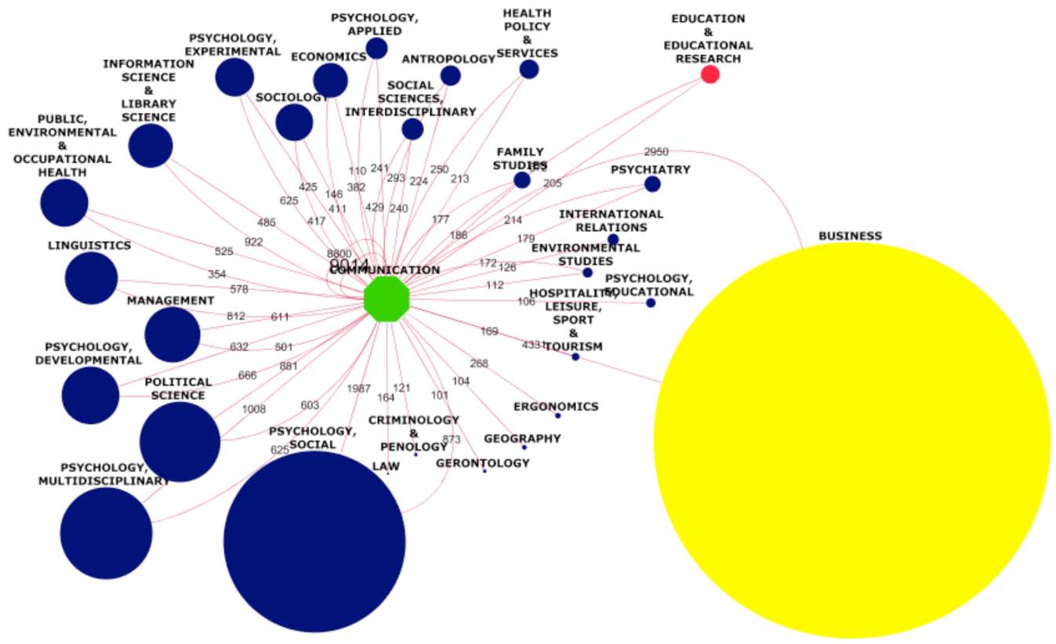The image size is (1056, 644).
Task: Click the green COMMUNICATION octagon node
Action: [x=386, y=298]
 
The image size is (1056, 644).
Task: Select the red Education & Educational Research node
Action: [x=710, y=74]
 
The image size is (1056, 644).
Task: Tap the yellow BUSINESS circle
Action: [x=851, y=440]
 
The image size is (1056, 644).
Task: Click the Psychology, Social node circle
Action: [x=314, y=541]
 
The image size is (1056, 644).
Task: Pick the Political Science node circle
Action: [x=180, y=441]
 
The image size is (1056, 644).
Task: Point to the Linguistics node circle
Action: [x=91, y=278]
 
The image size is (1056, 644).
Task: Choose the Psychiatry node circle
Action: [x=652, y=184]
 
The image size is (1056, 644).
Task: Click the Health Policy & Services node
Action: [x=529, y=70]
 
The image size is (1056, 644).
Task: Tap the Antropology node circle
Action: [x=450, y=76]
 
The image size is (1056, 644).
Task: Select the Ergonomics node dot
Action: [x=557, y=415]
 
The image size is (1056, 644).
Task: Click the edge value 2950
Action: [x=656, y=151]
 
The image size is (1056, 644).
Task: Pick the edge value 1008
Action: [x=254, y=409]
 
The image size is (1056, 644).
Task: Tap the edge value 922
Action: [x=254, y=242]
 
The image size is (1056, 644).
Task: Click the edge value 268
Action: [x=479, y=364]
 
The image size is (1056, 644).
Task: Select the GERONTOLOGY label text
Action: [x=483, y=463]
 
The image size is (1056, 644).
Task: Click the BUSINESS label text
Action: [x=850, y=236]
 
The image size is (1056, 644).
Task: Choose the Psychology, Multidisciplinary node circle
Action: [x=106, y=534]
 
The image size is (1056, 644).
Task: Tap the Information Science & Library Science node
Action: [x=151, y=146]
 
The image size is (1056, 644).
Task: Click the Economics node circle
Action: [x=330, y=80]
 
